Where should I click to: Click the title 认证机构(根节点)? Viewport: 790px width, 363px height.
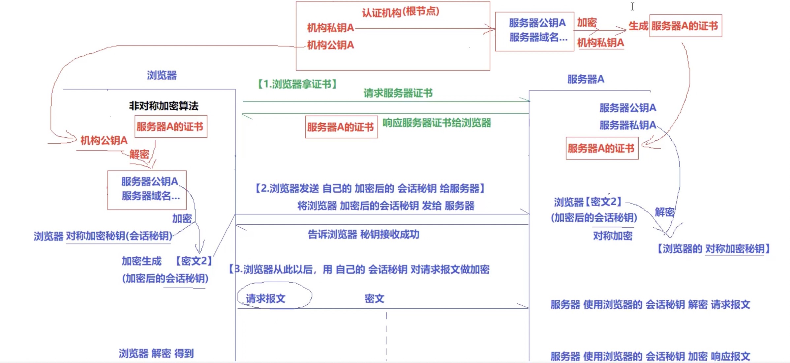(400, 12)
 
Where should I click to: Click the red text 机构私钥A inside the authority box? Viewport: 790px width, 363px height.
(330, 28)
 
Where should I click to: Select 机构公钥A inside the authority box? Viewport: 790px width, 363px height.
(330, 45)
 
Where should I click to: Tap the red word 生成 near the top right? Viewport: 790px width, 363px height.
(638, 26)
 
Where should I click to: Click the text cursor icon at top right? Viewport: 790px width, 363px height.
(632, 7)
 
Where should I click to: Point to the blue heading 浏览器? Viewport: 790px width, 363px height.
(162, 75)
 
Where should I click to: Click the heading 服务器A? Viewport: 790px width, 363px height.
(586, 79)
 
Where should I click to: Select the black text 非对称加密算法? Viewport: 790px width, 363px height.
(164, 106)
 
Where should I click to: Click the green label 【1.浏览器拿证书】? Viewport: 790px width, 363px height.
(297, 84)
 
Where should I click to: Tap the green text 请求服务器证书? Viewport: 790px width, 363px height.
(398, 93)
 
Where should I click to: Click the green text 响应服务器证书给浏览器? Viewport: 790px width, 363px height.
(437, 123)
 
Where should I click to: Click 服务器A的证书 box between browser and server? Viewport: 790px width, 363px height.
(341, 127)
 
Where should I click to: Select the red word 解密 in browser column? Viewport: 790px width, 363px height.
(139, 154)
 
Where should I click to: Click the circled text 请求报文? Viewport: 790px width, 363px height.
(266, 299)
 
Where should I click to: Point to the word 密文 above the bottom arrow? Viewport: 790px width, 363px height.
(374, 299)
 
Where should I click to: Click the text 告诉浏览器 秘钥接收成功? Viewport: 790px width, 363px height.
(363, 235)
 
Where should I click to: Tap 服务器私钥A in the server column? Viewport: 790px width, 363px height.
(627, 125)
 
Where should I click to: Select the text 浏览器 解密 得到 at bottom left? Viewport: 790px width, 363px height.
(156, 353)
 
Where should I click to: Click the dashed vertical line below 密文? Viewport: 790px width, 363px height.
(386, 336)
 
